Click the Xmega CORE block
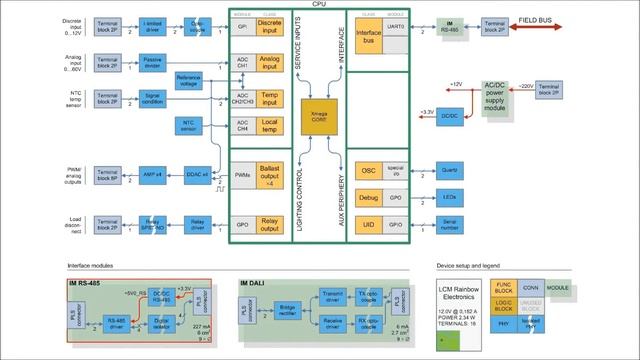(320, 120)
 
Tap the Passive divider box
(152, 63)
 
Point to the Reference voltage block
(188, 81)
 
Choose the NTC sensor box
(188, 125)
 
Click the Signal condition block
(152, 99)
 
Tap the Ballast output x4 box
(268, 175)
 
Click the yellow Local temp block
(268, 125)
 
